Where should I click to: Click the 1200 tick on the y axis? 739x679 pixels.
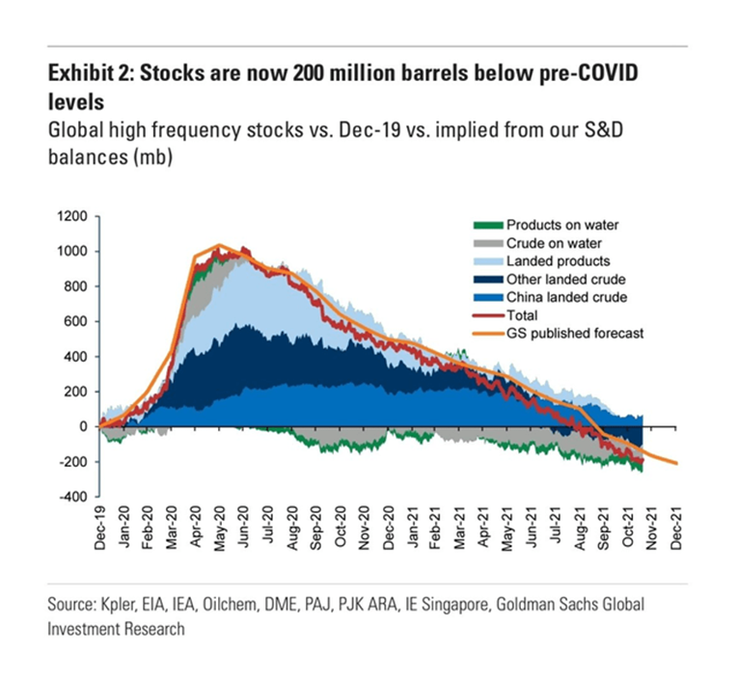71,216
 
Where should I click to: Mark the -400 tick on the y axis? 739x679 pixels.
71,498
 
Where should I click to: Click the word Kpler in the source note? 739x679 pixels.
125,605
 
